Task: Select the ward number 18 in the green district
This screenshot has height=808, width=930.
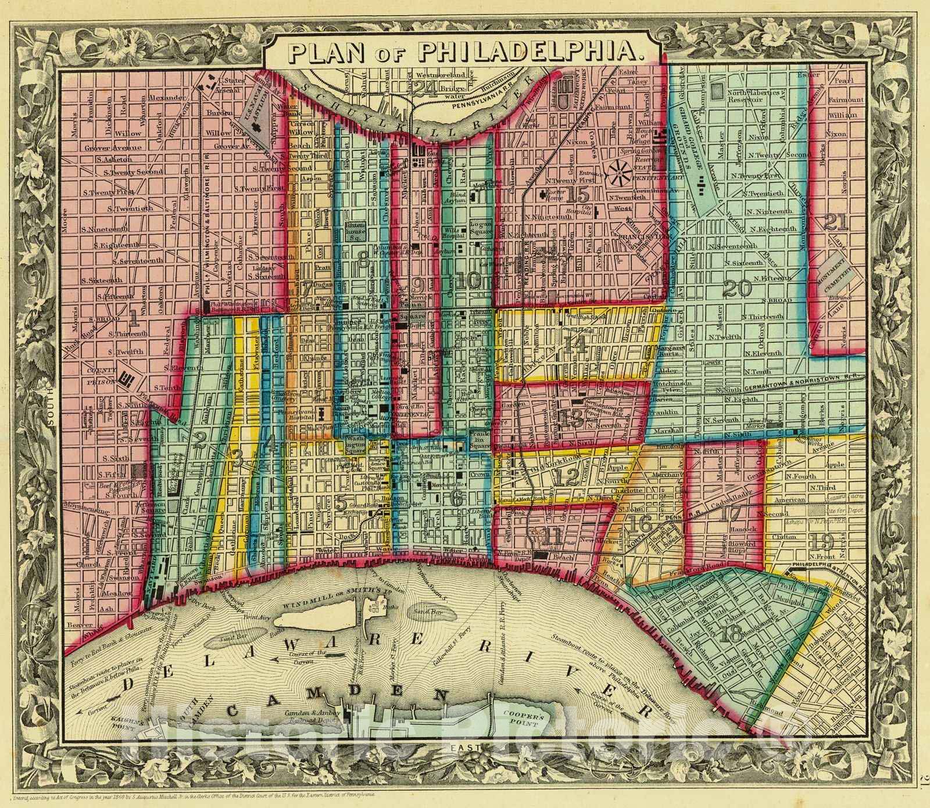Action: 730,634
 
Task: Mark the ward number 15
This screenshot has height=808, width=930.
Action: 578,195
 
